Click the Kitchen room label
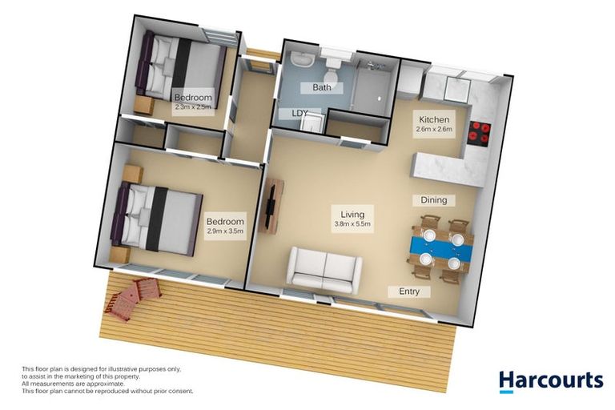[434, 119]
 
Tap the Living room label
[352, 215]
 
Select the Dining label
[434, 200]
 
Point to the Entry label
[409, 291]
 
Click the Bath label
[322, 87]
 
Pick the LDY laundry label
[299, 114]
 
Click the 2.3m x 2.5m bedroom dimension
[192, 107]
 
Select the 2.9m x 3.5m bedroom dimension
[225, 231]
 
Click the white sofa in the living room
[325, 271]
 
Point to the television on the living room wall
[270, 207]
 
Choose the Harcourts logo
[551, 382]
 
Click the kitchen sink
[456, 90]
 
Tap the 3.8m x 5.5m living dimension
[352, 224]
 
